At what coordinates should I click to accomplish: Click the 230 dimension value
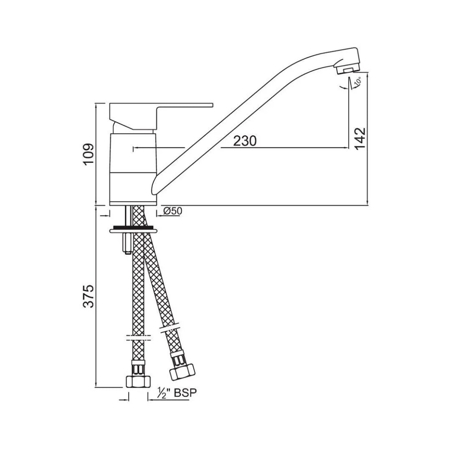pyautogui.click(x=245, y=141)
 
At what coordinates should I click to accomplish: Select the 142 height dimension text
pyautogui.click(x=359, y=138)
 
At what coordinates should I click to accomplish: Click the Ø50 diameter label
pyautogui.click(x=172, y=211)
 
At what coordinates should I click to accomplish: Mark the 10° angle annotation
pyautogui.click(x=357, y=83)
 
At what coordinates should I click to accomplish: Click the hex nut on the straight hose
pyautogui.click(x=137, y=381)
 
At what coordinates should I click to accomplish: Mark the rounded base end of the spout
pyautogui.click(x=155, y=186)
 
